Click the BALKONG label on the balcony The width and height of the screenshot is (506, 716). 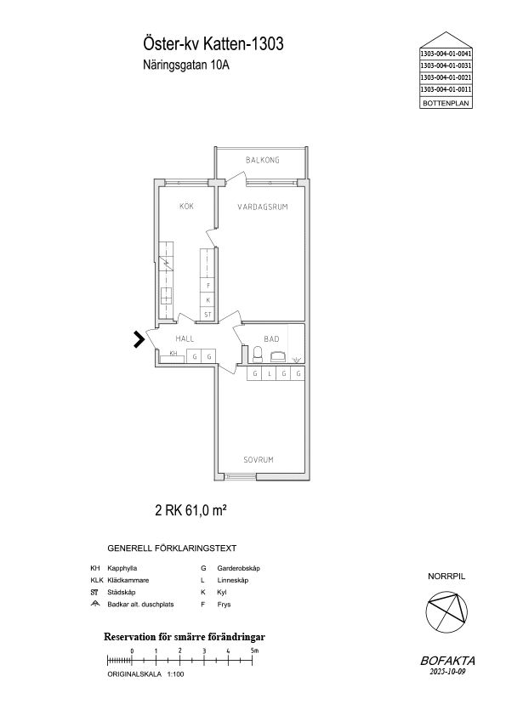pos(262,160)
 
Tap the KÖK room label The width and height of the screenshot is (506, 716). pos(186,206)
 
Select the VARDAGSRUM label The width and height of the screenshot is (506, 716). pos(263,207)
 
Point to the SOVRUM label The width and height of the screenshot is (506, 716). pos(259,460)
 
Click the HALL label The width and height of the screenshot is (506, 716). pos(185,338)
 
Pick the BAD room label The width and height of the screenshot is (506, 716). pos(271,338)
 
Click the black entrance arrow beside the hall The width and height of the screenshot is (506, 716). pos(139,339)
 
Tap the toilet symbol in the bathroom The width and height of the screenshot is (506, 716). pos(258,355)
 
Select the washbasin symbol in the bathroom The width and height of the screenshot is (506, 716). pos(277,356)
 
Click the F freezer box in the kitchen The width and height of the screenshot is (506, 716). pos(208,286)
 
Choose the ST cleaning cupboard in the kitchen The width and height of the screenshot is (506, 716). pos(208,314)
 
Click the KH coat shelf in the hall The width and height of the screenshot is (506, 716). pos(173,356)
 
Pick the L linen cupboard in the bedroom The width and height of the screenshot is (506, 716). pos(270,373)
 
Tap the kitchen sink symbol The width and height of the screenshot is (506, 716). pos(166,297)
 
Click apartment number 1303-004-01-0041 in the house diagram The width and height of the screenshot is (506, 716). pos(446,54)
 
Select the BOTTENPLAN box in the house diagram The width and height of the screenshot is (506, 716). pos(446,103)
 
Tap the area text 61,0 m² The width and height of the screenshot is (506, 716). pos(206,510)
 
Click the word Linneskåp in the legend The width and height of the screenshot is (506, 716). pos(233,581)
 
